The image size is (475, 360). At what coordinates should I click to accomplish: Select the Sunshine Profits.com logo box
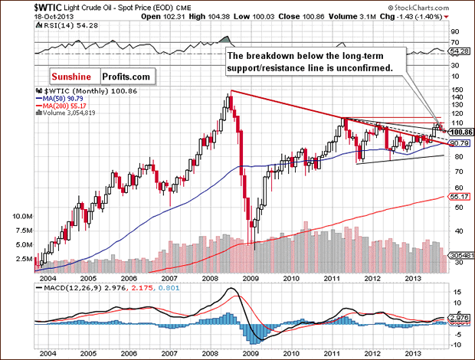click(102, 77)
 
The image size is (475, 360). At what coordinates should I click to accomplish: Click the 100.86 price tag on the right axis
click(459, 133)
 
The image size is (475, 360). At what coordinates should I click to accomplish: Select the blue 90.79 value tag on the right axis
click(459, 143)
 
